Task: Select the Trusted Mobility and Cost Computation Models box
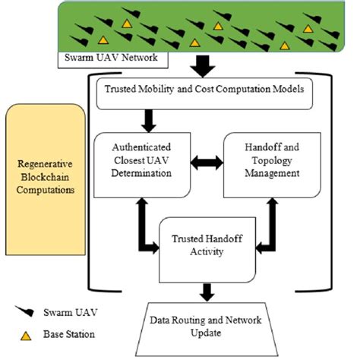[202, 90]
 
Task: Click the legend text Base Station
[78, 333]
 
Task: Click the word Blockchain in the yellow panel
[43, 175]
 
